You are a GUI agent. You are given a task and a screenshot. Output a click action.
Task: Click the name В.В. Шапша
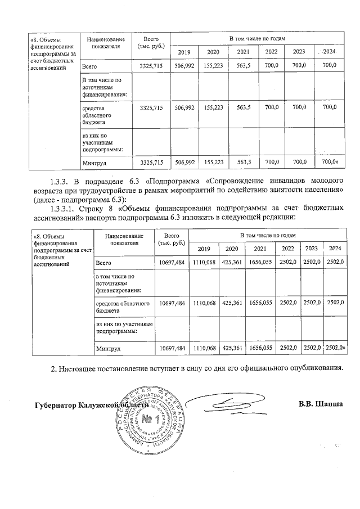[321, 404]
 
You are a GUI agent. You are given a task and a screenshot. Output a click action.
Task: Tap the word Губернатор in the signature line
[56, 405]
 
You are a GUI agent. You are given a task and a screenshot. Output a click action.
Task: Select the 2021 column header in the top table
[243, 52]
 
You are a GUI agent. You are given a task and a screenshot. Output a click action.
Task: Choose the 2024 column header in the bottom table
[335, 248]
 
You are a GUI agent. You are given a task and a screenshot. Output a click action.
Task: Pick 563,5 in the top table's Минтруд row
[244, 162]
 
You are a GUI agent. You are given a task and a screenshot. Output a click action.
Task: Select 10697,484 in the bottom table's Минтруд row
[172, 349]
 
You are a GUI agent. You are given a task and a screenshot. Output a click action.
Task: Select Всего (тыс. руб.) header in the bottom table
[172, 238]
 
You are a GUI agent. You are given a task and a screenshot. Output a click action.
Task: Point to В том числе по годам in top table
[256, 38]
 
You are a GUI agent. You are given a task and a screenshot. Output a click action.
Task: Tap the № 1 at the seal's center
[149, 419]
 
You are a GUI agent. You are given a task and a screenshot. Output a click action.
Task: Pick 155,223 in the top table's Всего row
[214, 66]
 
